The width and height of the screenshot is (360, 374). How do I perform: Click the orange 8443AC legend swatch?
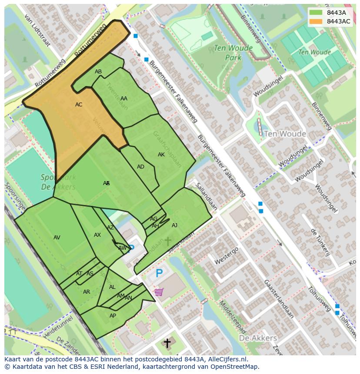316,21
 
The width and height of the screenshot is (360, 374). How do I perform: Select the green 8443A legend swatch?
316,13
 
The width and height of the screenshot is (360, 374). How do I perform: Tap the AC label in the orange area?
79,105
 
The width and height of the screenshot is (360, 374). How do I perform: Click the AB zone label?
98,72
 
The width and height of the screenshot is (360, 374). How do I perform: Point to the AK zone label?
161,155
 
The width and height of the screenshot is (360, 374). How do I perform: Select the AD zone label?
140,167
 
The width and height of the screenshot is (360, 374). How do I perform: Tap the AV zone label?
57,238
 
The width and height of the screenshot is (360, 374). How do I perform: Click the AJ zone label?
174,225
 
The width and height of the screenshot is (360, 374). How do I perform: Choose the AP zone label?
113,316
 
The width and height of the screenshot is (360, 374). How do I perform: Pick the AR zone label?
87,292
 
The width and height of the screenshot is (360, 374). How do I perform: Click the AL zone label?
112,287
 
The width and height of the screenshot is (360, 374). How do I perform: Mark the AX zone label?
97,235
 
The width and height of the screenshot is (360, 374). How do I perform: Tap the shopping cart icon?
158,292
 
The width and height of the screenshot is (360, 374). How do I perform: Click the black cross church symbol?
167,344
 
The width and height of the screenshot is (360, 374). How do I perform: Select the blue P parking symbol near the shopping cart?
159,274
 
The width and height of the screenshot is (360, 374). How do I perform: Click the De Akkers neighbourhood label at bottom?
258,338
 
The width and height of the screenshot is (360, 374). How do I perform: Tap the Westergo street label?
227,256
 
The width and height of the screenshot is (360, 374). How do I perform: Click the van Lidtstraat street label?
38,30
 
